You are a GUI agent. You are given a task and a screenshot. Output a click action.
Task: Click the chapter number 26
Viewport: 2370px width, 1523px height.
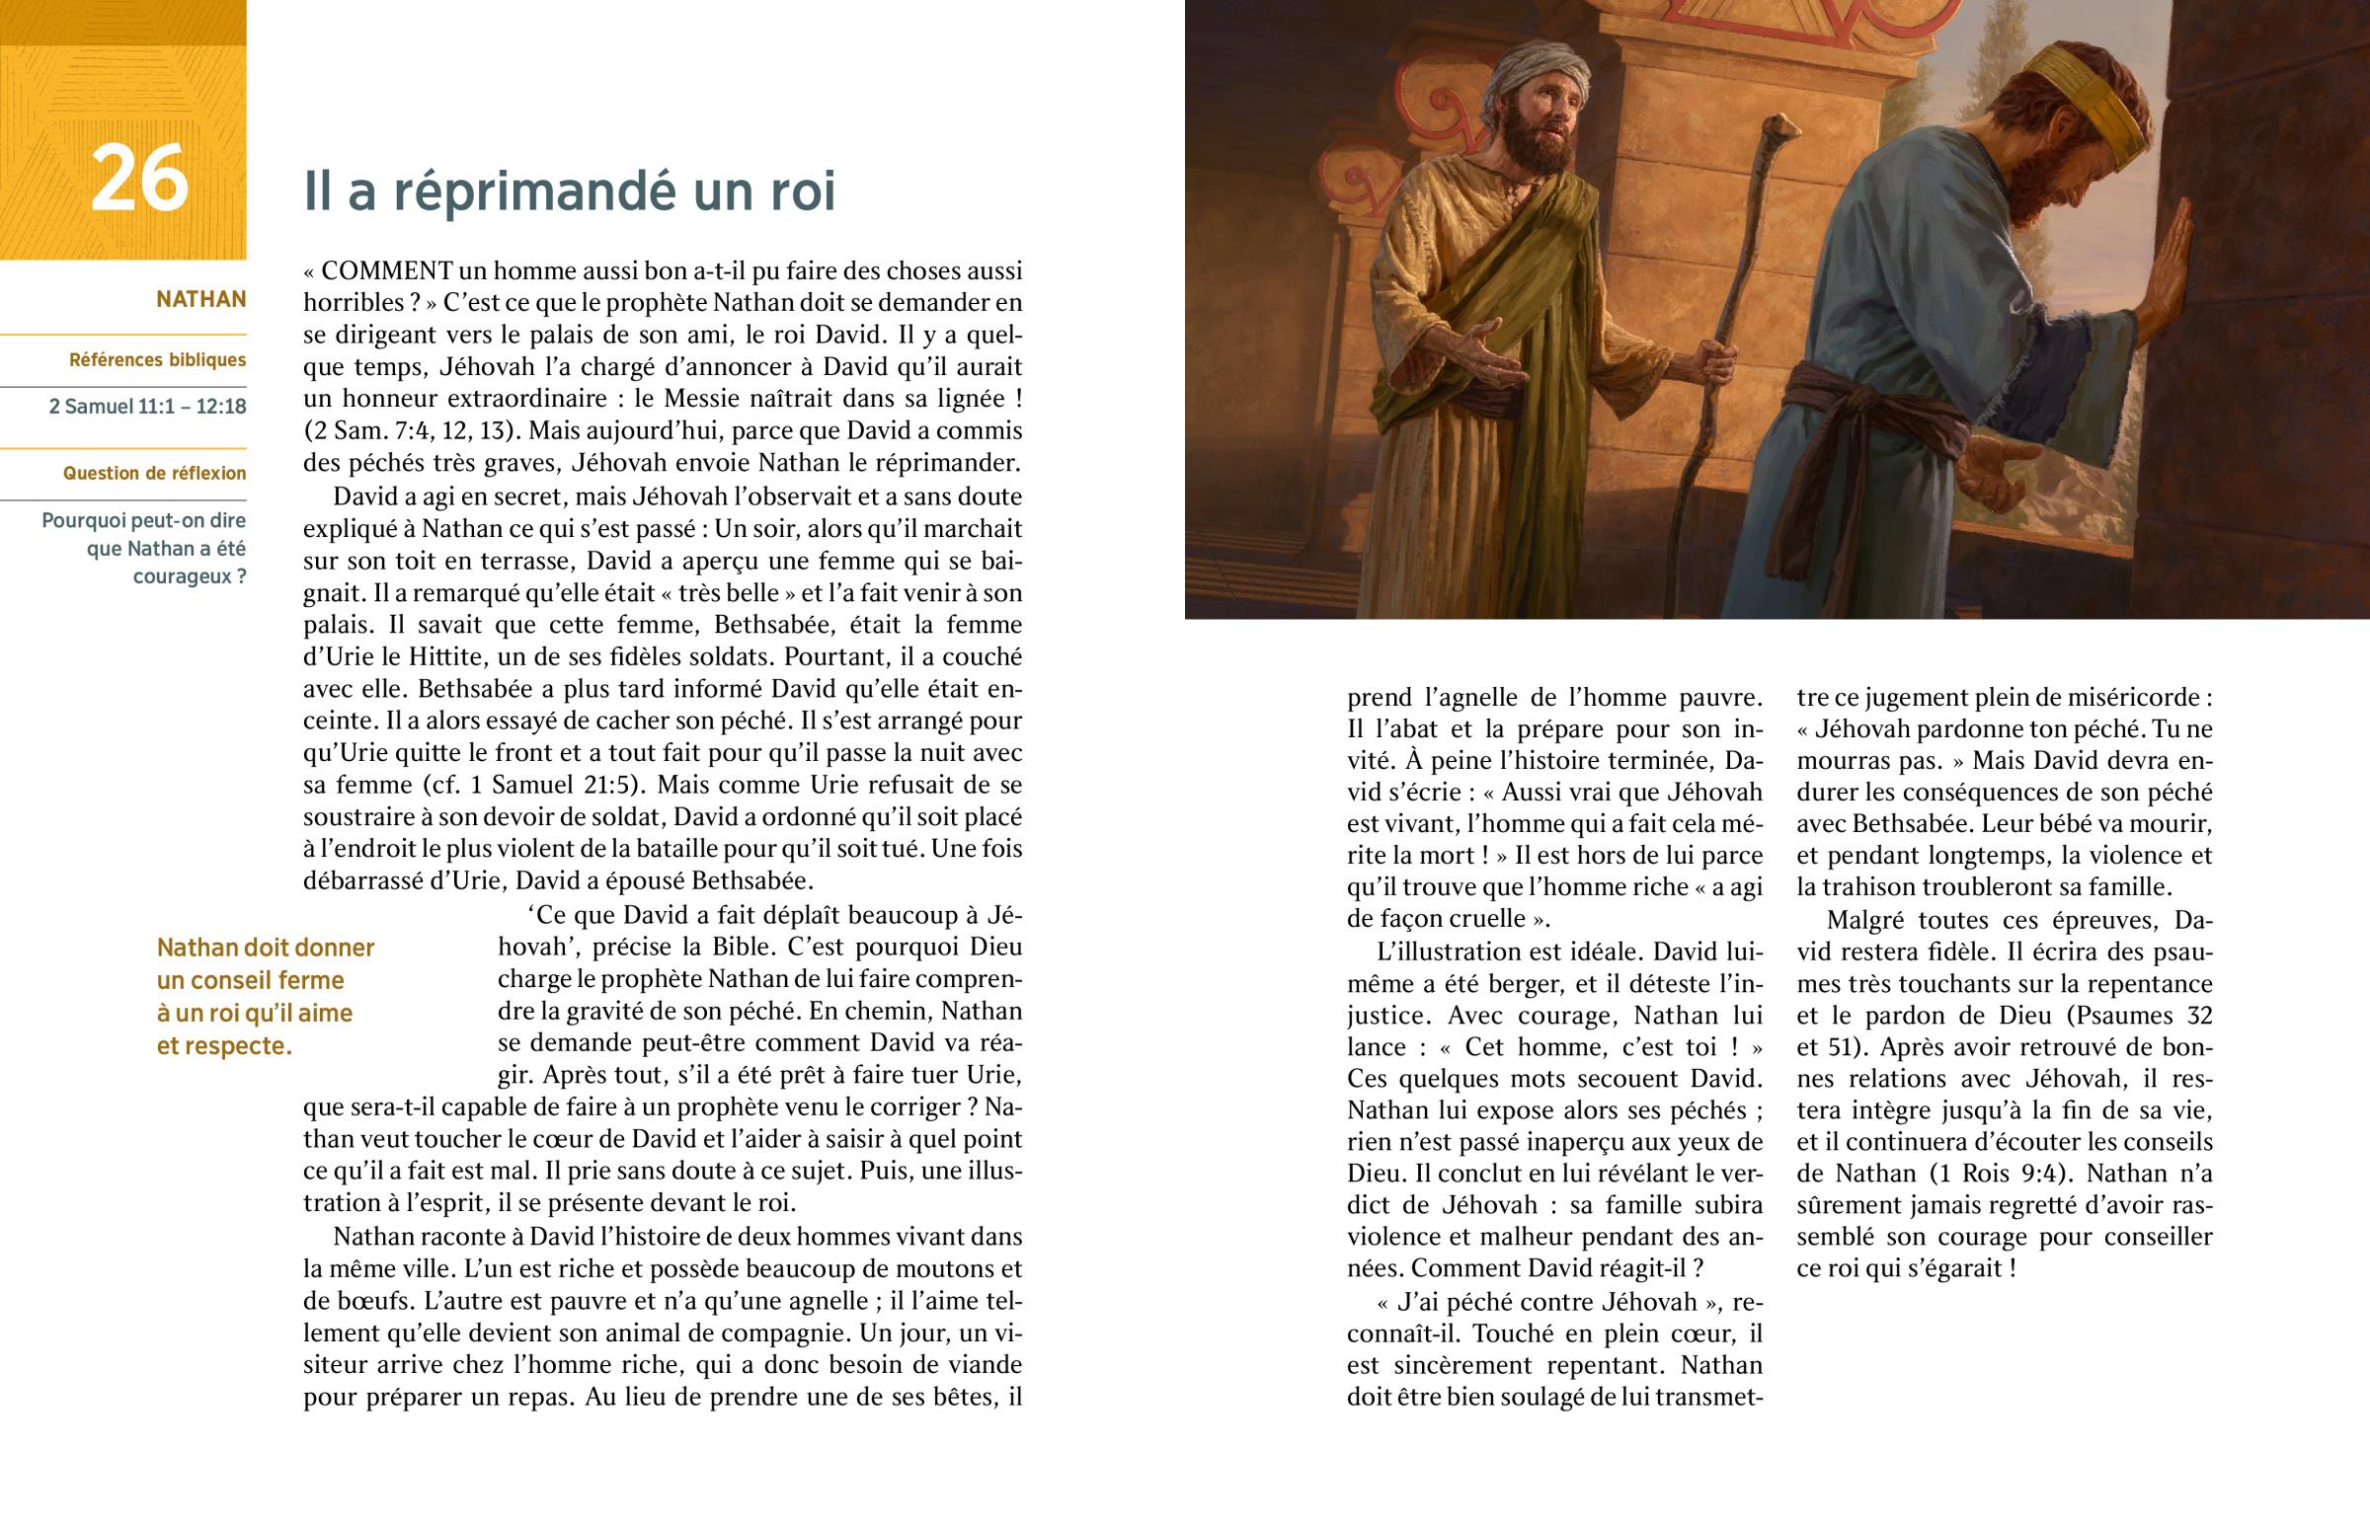(138, 179)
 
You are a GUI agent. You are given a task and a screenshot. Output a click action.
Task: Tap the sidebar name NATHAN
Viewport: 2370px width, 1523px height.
(200, 299)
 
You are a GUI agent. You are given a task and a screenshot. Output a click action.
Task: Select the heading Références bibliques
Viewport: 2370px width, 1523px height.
(157, 360)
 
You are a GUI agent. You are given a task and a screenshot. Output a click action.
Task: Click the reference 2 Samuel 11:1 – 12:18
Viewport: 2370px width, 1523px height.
(147, 407)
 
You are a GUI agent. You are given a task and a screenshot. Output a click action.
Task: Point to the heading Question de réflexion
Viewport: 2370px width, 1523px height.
(154, 474)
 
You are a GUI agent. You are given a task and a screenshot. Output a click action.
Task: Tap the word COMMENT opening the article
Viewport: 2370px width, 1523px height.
(387, 271)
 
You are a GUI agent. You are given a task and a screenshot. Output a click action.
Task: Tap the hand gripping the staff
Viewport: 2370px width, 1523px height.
(1716, 361)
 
